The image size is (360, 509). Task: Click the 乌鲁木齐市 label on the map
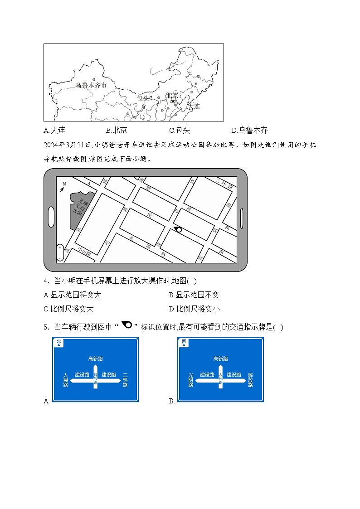[91, 85]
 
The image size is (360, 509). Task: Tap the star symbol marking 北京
[172, 101]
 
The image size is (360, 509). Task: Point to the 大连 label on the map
[194, 107]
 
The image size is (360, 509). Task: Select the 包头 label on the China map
[142, 98]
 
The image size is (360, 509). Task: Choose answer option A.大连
[54, 131]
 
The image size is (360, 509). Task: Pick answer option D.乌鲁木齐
[249, 131]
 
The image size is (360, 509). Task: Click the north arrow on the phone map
[62, 188]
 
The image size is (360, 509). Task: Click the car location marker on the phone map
[178, 230]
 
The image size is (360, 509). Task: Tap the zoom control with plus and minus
[60, 253]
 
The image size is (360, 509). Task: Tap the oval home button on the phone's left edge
[51, 217]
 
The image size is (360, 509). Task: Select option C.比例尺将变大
[68, 309]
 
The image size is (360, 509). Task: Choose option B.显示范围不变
[194, 295]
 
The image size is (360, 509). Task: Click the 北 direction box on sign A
[58, 343]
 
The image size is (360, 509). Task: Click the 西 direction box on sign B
[184, 343]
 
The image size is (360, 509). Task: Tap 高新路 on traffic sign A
[96, 359]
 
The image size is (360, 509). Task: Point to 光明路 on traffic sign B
[191, 380]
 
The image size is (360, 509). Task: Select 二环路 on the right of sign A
[125, 380]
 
